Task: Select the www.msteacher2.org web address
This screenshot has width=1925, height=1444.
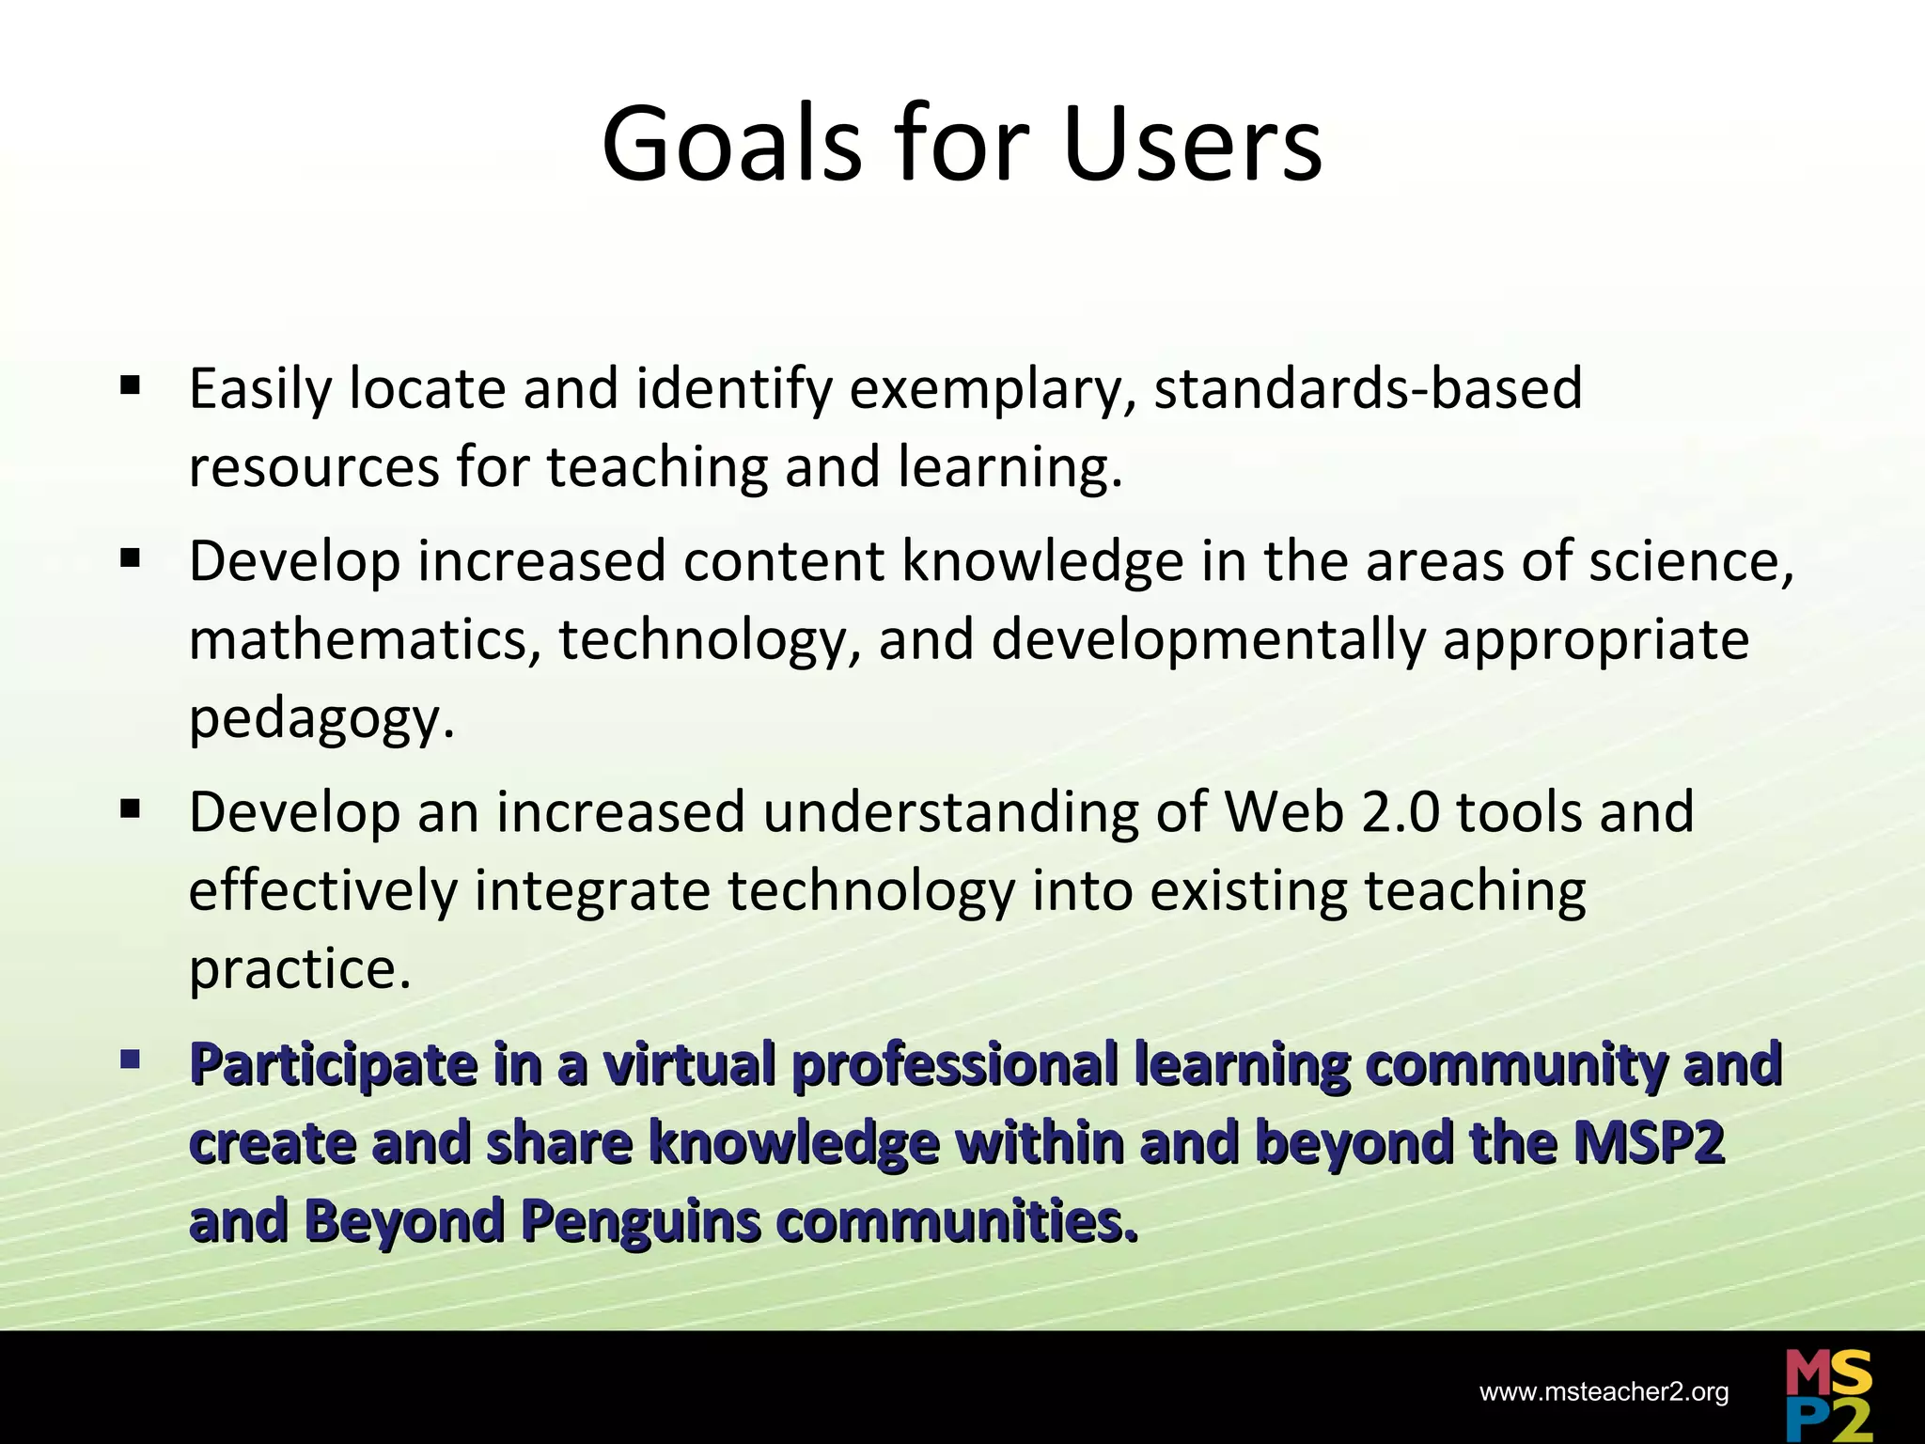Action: tap(1604, 1392)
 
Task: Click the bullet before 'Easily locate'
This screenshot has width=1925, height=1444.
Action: tap(130, 385)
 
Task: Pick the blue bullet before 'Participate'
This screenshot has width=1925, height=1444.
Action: tap(130, 1060)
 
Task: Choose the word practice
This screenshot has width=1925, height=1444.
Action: tap(300, 970)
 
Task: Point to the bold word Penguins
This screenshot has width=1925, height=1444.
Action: tap(640, 1222)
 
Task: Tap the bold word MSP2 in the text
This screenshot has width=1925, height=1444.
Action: tap(1649, 1143)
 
